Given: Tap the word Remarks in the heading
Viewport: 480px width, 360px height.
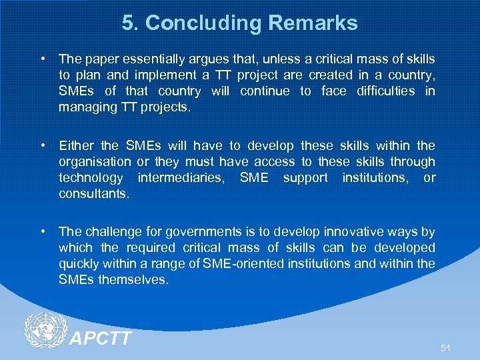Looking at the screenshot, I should [x=313, y=23].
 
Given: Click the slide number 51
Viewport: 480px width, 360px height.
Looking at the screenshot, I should [x=445, y=348].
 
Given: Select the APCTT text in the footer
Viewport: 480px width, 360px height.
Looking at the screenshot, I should [x=101, y=339].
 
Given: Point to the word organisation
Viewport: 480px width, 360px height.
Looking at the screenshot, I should [x=95, y=161].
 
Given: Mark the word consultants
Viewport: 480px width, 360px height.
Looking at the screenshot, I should [x=94, y=193].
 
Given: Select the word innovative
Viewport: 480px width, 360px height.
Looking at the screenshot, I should [x=353, y=232].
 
